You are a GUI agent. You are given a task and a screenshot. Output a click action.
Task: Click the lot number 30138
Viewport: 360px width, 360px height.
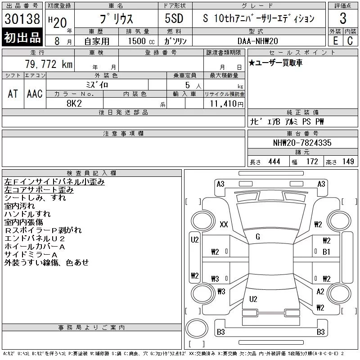22,19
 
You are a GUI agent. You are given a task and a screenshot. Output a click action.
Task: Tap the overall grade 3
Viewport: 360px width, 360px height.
343,18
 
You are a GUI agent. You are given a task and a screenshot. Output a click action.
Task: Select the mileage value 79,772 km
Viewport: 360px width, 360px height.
49,64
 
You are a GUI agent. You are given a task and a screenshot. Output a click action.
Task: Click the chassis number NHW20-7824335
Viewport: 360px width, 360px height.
302,143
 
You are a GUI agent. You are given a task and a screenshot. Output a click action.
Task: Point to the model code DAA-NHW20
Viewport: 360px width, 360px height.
257,41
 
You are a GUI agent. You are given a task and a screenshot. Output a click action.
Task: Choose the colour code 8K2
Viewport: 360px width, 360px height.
74,103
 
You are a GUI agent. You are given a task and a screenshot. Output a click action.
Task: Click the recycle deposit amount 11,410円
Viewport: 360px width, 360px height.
227,103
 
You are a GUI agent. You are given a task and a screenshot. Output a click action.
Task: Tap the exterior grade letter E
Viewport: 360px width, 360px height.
335,41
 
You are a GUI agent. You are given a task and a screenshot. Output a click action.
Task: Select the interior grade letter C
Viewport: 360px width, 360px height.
350,41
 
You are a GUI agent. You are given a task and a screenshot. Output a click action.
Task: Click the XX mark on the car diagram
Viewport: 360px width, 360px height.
224,224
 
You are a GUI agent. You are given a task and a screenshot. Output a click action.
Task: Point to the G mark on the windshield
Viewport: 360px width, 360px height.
258,237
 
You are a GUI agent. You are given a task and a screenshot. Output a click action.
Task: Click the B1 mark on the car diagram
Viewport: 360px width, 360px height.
326,252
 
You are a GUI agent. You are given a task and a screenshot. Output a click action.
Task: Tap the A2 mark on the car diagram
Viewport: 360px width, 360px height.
320,292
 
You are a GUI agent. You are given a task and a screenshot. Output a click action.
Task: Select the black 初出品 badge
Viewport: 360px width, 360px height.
22,37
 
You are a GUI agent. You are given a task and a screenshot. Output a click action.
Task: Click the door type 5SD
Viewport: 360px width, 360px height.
174,18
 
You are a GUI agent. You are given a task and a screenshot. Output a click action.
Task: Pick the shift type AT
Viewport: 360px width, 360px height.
13,94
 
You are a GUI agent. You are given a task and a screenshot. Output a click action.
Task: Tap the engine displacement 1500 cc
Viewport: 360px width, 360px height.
141,41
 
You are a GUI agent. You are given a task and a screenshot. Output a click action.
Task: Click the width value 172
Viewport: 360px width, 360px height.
312,162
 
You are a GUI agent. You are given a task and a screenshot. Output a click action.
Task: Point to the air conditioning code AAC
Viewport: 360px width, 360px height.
35,94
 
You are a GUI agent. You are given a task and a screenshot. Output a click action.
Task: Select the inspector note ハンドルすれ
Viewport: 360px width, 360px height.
27,214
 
